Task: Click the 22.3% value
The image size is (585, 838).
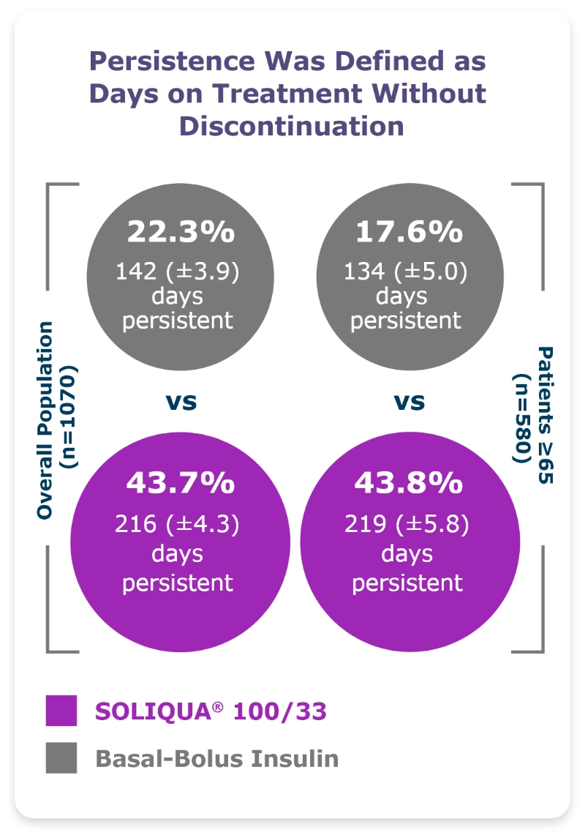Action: point(181,232)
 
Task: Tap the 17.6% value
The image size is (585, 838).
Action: point(409,232)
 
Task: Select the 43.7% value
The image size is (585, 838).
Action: point(180,484)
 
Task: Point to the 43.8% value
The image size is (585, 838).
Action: point(408,484)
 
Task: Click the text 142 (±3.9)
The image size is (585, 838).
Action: point(178,272)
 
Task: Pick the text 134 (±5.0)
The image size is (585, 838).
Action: point(406,272)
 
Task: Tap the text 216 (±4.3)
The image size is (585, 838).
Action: point(178,524)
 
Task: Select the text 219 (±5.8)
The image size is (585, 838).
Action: point(407,524)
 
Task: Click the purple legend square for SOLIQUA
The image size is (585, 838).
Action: point(61,710)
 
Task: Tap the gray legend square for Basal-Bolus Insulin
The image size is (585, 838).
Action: point(61,757)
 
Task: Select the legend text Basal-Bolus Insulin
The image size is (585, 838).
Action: point(217,758)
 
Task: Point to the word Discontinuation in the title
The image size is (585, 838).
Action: point(292,126)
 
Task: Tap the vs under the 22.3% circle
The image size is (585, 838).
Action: point(181,402)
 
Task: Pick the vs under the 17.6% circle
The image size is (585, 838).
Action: point(409,402)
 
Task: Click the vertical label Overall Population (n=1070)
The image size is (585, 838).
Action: point(58,419)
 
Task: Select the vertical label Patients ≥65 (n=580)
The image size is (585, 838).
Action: point(535,415)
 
